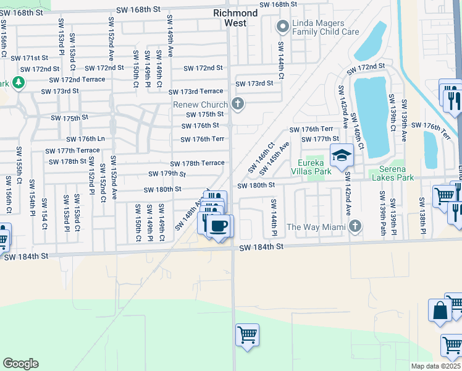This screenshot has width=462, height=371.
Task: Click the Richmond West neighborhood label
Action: coord(235,18)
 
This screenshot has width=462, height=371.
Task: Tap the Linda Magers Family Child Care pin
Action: coord(283,26)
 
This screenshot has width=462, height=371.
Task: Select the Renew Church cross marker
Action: coord(237,104)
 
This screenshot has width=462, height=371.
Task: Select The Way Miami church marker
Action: coord(355,227)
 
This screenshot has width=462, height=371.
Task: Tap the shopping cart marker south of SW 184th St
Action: coord(247,335)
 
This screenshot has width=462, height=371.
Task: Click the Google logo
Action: coord(20,364)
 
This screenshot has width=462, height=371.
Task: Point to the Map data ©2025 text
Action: coord(436,366)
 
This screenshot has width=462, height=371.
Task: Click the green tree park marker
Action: coord(19,82)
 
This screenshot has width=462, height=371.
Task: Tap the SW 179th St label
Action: coord(166,174)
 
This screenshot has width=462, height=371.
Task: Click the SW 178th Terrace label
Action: coord(203,163)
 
